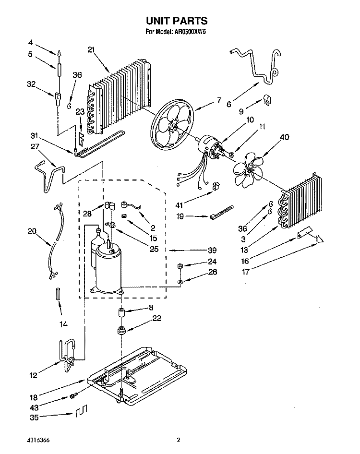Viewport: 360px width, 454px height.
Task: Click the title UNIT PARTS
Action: (177, 21)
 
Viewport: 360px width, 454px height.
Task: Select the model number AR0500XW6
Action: (190, 32)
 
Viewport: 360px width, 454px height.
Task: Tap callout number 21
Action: (91, 50)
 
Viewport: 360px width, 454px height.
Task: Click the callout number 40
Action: (285, 137)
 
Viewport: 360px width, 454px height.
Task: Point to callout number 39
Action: (212, 250)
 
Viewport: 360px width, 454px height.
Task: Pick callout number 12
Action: (33, 376)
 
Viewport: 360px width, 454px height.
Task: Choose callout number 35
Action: (34, 418)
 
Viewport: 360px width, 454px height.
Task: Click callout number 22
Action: (156, 318)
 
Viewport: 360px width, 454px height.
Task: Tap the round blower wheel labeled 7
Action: (173, 123)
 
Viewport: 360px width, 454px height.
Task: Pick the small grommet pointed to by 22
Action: (121, 330)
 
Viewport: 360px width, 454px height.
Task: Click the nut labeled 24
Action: (180, 265)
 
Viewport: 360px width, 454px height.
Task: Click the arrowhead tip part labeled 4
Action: (59, 53)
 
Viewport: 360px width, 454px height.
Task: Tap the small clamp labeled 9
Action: (267, 100)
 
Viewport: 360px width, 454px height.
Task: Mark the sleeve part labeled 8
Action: (121, 313)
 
